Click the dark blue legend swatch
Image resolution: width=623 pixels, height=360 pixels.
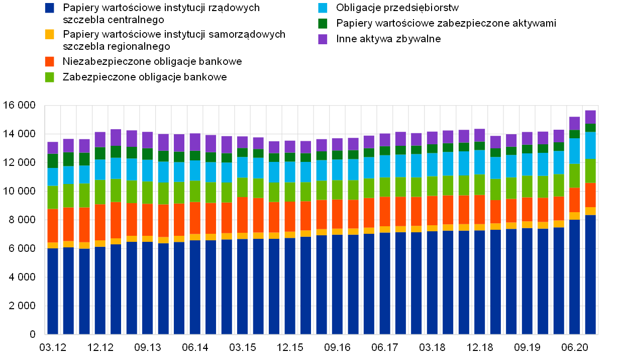pos(49,8)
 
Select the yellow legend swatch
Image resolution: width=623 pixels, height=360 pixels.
pos(49,34)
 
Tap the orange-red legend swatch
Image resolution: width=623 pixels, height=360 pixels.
pos(49,61)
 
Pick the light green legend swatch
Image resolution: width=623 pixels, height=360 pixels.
pos(49,77)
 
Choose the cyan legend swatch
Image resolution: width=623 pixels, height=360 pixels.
pos(323,8)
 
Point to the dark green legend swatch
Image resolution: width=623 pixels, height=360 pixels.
pos(323,24)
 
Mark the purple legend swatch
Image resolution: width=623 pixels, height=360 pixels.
pos(323,39)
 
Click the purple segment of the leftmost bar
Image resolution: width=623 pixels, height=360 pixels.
pos(53,148)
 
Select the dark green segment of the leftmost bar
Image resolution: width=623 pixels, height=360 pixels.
pos(53,161)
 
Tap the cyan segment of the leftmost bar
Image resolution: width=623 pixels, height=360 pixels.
pos(53,177)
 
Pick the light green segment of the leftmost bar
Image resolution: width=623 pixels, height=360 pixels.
pos(53,198)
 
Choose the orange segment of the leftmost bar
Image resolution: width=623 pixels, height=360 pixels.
pos(53,226)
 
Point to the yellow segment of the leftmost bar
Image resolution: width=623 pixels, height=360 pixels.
pos(53,245)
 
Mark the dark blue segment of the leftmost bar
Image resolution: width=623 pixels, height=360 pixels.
pos(53,292)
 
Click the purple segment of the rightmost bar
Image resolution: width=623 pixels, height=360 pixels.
pos(590,117)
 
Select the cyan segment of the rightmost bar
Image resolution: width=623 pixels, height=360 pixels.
pos(590,145)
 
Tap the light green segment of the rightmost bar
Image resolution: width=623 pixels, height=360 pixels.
pos(590,171)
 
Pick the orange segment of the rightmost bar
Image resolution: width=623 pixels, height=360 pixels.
pos(590,195)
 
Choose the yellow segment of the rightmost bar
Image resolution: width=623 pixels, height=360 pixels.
pos(590,211)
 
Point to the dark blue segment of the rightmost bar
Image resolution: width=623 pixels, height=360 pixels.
pos(590,275)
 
